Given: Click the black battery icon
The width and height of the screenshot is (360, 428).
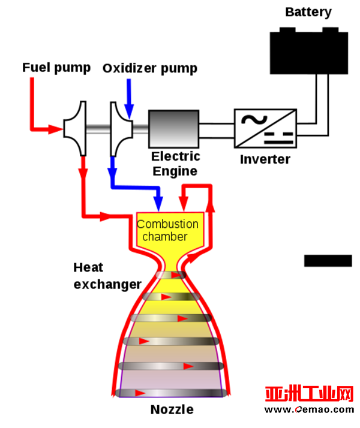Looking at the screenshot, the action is point(308,51).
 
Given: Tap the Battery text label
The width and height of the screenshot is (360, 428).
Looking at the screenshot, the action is point(308,12).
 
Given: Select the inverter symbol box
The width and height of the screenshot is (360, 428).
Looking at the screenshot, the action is point(265,128).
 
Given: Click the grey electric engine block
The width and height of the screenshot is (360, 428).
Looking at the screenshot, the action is point(174,129).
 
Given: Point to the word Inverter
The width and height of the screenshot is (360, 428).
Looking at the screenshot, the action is point(265,159).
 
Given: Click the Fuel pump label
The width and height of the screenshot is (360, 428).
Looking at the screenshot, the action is point(56,68).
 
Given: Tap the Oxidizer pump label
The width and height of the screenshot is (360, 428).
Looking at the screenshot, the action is point(149,68).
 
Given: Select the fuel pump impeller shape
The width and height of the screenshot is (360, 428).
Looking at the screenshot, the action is point(75,128).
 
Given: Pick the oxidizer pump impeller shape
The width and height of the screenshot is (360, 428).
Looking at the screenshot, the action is point(121,129).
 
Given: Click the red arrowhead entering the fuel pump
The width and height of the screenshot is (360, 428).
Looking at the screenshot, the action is point(55,129).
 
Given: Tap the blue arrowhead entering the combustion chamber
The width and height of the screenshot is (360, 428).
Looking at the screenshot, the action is point(158,203).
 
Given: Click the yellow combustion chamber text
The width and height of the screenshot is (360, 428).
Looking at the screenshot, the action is point(167,230).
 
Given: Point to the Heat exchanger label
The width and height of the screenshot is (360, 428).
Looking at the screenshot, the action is point(107,276).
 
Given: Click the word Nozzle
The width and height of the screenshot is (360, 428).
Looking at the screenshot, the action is point(172,409).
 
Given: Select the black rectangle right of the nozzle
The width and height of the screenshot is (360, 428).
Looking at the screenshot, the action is point(328,260).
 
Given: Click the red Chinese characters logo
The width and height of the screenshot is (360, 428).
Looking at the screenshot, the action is point(309,394).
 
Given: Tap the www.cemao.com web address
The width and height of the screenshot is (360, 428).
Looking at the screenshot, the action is point(309,409).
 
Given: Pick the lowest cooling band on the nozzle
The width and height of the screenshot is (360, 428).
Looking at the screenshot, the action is point(171,393).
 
